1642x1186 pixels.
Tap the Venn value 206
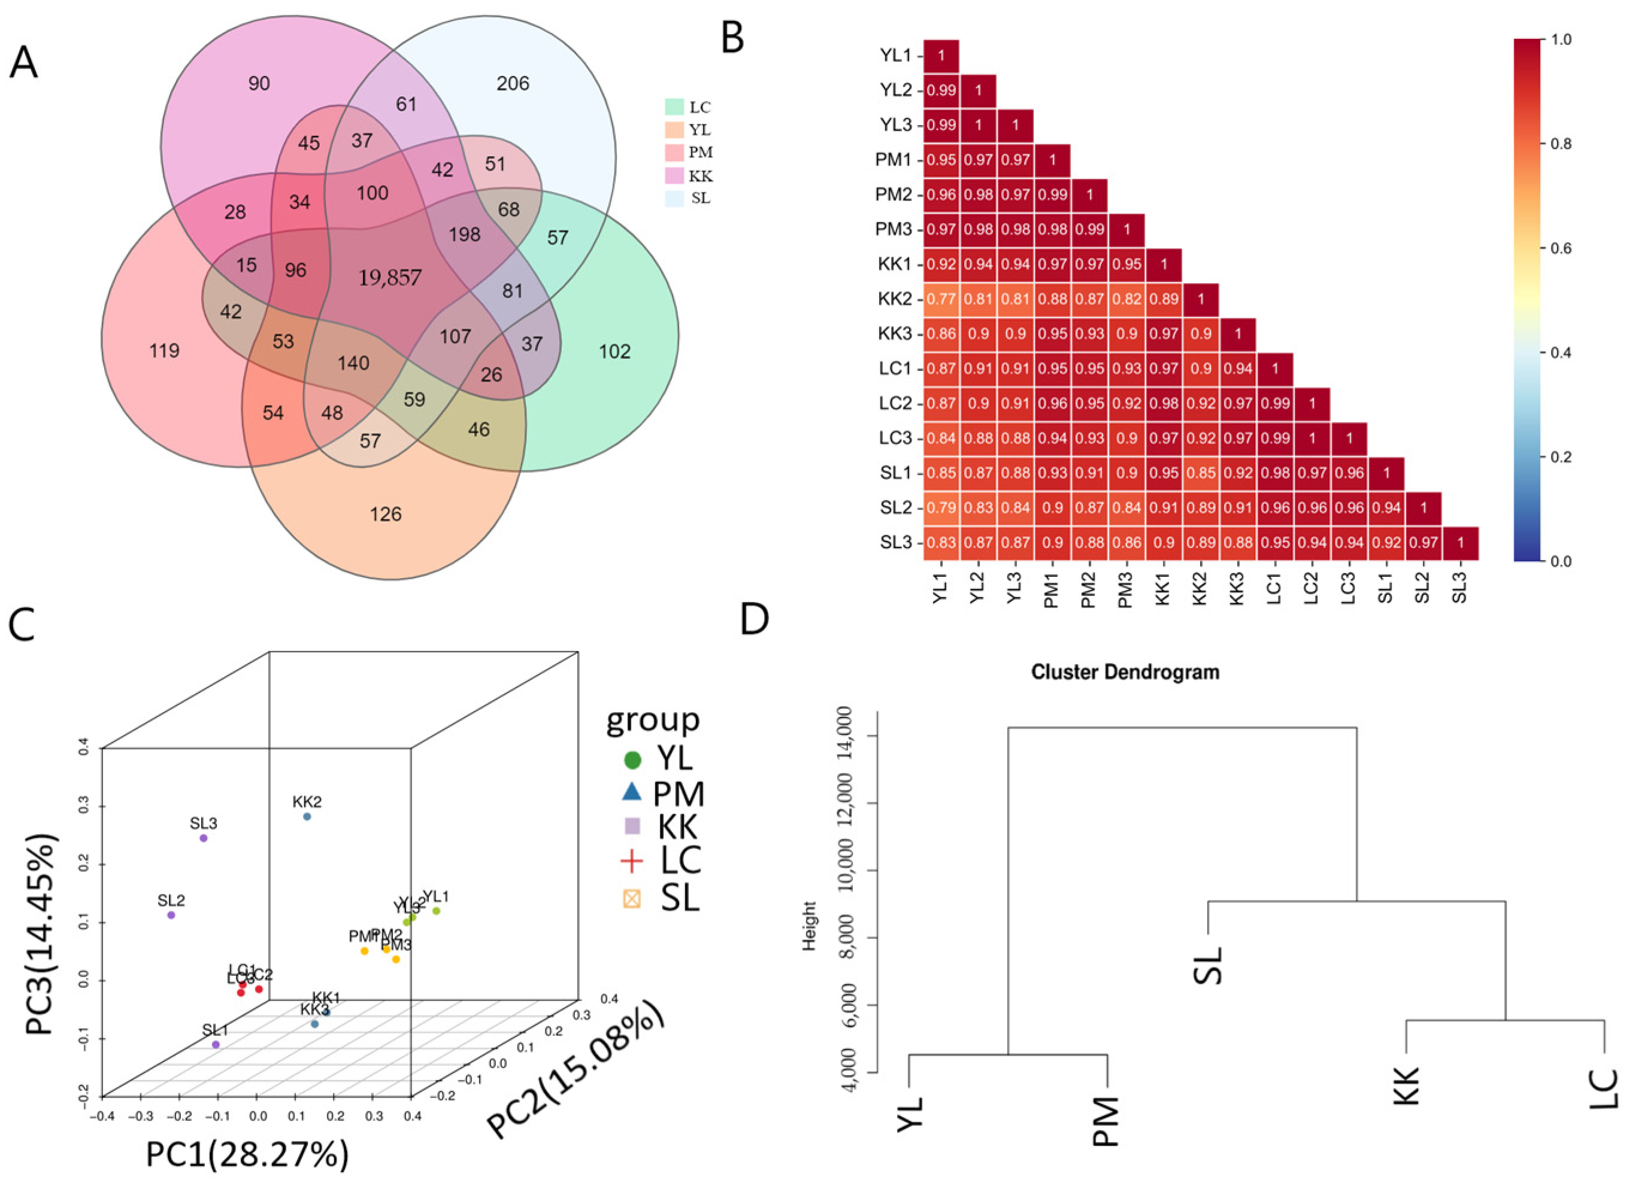coord(513,84)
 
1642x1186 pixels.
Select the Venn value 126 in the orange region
coord(385,515)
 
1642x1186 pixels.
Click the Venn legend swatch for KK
coord(675,176)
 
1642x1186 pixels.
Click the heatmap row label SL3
coord(896,543)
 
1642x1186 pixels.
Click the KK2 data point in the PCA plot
coord(307,816)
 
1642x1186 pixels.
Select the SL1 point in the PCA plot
coord(216,1044)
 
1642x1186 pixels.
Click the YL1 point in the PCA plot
coord(436,910)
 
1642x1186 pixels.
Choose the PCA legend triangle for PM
coord(632,792)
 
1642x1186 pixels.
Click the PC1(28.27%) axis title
coord(247,1154)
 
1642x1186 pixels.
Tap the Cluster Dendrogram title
coord(1125,672)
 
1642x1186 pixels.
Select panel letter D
coord(755,619)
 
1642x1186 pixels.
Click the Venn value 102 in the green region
coord(614,352)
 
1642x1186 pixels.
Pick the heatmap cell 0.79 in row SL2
coord(941,508)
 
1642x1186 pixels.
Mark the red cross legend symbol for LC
coord(632,860)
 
